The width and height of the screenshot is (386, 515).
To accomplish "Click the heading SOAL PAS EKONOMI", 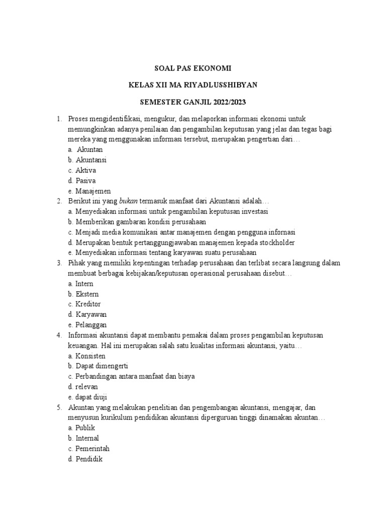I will point(193,68).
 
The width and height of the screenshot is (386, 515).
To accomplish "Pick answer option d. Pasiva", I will point(81,180).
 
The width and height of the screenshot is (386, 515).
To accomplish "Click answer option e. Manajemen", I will point(89,191).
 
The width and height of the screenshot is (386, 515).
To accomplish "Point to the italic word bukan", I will point(128,201).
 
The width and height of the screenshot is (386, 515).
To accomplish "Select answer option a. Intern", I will point(80,284).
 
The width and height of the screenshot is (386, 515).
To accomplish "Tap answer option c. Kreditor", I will point(84,304).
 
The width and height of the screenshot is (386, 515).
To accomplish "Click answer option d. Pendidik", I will point(85,459).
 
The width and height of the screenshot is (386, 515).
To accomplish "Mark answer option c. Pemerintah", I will point(89,448).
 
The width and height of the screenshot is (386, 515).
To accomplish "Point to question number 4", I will point(59,335).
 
